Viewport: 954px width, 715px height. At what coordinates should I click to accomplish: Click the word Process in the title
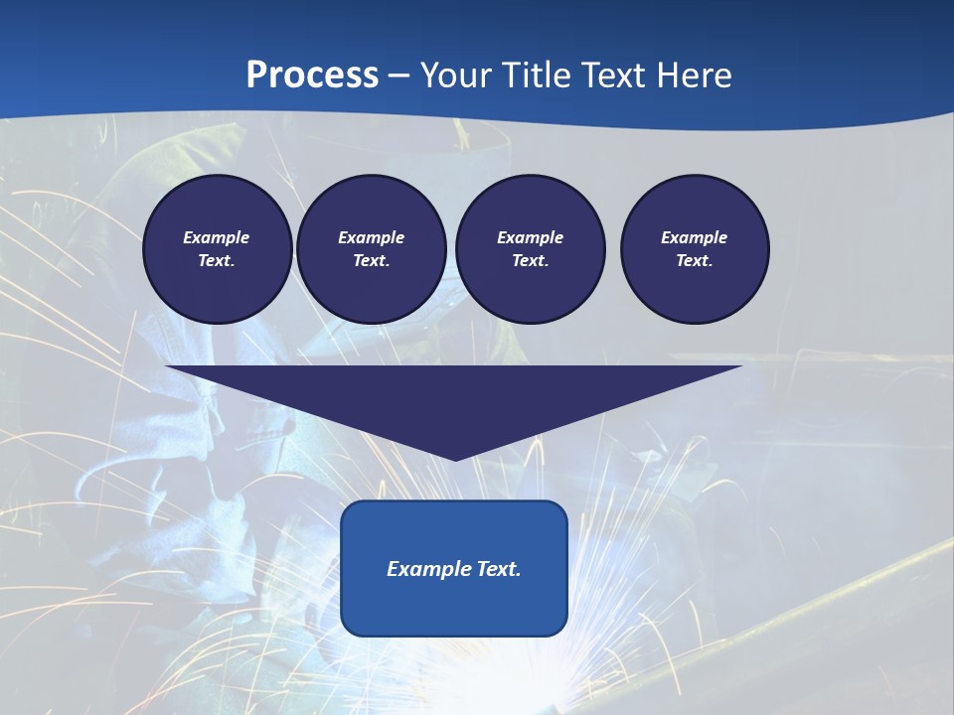[312, 75]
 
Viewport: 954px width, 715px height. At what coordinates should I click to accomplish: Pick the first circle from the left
[218, 249]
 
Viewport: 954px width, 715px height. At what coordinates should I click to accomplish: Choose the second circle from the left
[372, 249]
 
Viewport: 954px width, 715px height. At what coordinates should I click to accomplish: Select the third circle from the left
[531, 249]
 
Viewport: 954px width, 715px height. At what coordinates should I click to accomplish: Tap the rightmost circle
[695, 249]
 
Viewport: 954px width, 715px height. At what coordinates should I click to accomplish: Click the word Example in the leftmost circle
[217, 237]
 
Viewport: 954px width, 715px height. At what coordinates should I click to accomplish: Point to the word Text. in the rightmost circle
[695, 261]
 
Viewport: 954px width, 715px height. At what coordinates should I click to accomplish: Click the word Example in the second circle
[372, 237]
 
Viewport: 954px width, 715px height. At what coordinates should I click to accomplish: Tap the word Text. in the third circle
[531, 261]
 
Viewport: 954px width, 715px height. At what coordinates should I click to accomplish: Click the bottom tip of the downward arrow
[455, 458]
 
